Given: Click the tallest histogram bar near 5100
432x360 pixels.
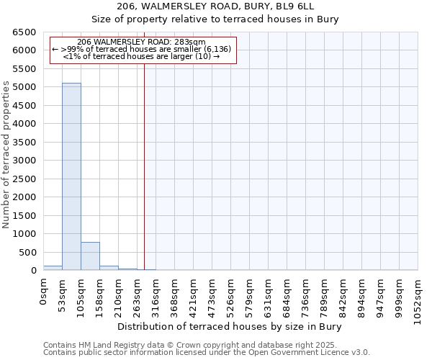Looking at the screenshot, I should tap(71, 176).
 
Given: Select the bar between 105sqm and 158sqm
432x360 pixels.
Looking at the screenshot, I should tap(90, 256).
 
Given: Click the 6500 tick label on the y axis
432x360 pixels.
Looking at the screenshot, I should tap(24, 32).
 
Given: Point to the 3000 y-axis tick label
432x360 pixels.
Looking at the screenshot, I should tap(24, 161).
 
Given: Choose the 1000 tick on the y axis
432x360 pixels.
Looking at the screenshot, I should tap(24, 234).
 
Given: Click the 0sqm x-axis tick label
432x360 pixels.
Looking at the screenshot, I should tap(44, 292).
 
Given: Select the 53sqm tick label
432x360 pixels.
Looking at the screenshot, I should tap(63, 294).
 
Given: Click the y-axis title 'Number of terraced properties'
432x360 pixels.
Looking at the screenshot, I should tap(7, 155).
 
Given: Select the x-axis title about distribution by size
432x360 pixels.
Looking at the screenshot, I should tap(229, 326).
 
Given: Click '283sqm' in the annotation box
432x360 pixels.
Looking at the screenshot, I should tap(192, 42).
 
